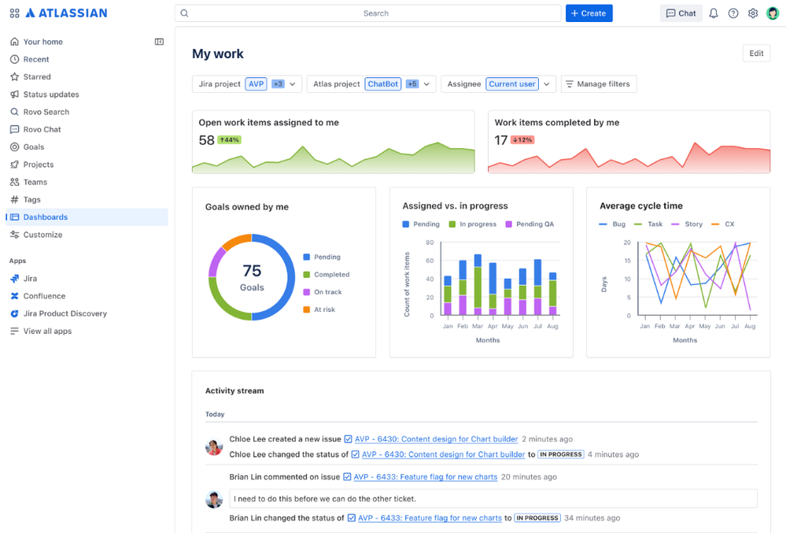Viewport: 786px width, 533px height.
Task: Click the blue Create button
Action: (589, 13)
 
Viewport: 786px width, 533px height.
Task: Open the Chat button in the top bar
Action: (681, 13)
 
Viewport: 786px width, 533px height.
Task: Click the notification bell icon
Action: (714, 13)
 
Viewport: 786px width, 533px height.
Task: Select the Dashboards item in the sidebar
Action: (46, 217)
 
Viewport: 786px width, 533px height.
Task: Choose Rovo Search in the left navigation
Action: (46, 112)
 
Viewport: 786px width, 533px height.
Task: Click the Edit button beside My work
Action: (756, 54)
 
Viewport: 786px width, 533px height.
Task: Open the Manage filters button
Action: (599, 84)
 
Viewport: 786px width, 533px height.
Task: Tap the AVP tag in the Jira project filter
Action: (256, 84)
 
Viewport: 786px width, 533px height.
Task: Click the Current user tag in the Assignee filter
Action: (512, 84)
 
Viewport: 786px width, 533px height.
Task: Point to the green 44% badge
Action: (230, 140)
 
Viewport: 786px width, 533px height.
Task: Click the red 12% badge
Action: (522, 140)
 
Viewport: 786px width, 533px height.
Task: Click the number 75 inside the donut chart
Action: (252, 271)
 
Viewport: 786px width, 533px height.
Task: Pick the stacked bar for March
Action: (478, 284)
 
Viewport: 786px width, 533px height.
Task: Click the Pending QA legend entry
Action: (534, 224)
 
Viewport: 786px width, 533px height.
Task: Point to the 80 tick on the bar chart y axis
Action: (430, 242)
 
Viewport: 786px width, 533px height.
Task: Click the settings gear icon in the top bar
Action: (753, 13)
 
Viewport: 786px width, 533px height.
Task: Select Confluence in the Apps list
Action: (44, 296)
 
